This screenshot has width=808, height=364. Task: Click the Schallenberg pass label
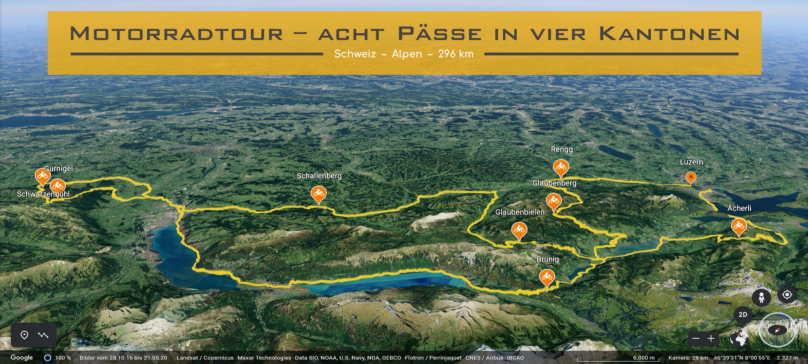(319, 176)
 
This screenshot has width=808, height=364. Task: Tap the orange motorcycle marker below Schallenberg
(318, 194)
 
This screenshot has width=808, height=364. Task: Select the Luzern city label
(691, 162)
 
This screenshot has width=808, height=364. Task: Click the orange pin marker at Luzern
(691, 177)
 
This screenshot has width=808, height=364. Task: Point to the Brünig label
(547, 259)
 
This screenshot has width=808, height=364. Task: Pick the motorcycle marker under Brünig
(547, 277)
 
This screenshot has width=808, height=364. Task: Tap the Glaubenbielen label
(520, 212)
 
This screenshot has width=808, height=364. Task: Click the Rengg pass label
(562, 150)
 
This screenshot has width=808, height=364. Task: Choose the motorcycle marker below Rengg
(561, 167)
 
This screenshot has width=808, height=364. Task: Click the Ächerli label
(739, 208)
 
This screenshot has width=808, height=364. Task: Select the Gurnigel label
(58, 169)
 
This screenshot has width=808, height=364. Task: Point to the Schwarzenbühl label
(43, 195)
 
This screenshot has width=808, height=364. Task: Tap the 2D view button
(743, 315)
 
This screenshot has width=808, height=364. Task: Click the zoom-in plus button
(711, 339)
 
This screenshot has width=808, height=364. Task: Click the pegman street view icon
(761, 298)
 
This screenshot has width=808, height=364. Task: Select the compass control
(777, 330)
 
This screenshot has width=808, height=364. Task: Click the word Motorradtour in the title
(177, 34)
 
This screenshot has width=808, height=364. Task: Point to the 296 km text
(456, 54)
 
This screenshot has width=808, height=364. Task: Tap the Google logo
(22, 358)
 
